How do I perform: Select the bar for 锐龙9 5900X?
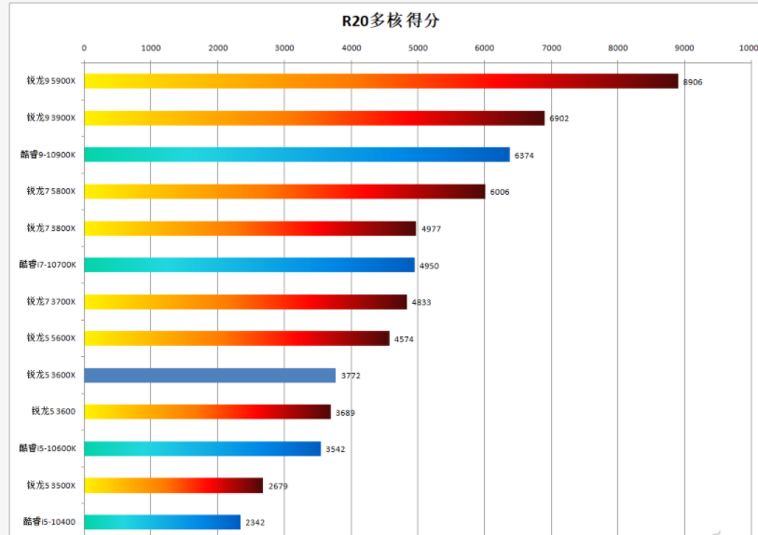coord(380,81)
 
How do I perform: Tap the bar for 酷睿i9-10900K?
coord(296,155)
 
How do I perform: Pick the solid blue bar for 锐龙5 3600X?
coord(210,375)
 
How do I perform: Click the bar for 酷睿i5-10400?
coord(162,522)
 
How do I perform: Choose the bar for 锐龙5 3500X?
coord(173,485)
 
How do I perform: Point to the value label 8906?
coord(693,82)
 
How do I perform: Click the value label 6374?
coord(524,156)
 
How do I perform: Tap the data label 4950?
coord(429,266)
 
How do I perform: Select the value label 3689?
coord(345,412)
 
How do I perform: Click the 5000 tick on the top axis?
coord(417,48)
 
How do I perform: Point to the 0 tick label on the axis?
coord(84,48)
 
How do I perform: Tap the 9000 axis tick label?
coord(683,48)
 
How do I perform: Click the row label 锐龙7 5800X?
coord(51,191)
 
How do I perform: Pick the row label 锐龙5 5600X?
coord(51,337)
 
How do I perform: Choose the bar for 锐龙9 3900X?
coord(314,117)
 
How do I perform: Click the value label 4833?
coord(421,302)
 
